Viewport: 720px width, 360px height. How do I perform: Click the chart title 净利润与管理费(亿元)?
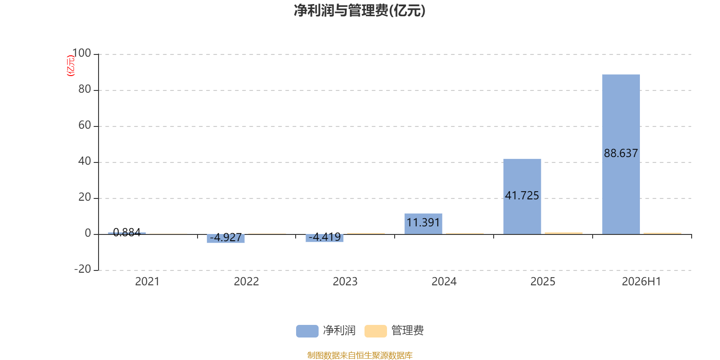pos(360,11)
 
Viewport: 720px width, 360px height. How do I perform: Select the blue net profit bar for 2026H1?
pos(621,154)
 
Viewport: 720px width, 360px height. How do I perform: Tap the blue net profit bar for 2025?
pos(522,196)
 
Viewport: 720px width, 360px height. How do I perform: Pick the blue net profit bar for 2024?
pos(423,224)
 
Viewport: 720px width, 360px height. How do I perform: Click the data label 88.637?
pos(621,153)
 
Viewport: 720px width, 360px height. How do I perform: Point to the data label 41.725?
pos(522,195)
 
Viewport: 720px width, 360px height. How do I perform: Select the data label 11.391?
pos(423,222)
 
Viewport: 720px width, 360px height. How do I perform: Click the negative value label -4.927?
pos(225,238)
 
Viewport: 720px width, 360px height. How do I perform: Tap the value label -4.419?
pos(324,237)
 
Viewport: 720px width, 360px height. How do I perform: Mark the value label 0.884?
pos(127,232)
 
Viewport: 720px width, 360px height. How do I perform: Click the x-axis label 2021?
pos(147,282)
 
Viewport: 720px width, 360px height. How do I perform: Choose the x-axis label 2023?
pos(345,282)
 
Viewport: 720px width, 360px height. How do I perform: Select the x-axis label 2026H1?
pos(642,282)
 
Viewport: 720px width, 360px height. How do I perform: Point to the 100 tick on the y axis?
pos(81,53)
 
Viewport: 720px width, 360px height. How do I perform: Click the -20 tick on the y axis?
pos(83,269)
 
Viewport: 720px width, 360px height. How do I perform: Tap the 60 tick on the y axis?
pos(85,125)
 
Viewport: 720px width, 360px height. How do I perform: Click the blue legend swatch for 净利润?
pos(307,331)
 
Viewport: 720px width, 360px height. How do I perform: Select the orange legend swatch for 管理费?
pos(375,331)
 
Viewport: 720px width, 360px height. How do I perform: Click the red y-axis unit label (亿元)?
pos(70,66)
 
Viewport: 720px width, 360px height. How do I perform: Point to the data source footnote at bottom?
pos(360,355)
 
